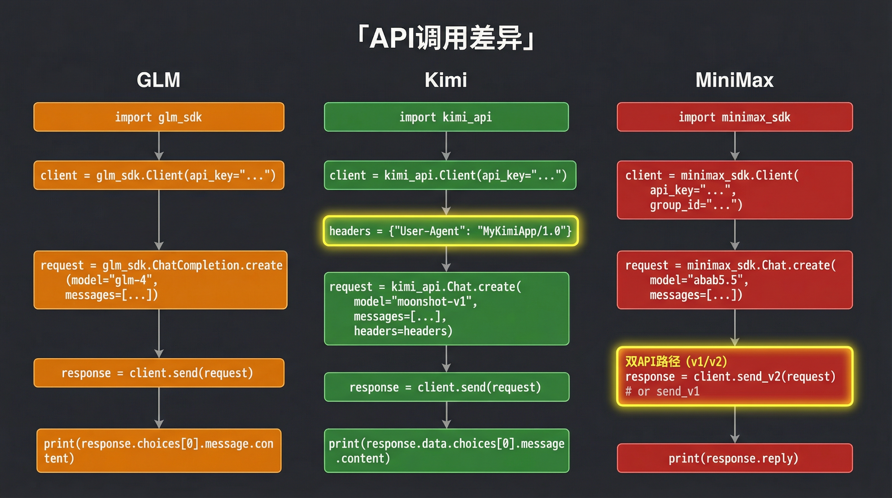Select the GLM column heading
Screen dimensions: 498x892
point(158,80)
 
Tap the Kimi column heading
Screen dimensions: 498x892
point(446,80)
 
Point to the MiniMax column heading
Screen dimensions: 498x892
point(734,80)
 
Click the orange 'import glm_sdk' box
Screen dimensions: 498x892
point(158,117)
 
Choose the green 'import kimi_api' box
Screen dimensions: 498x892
point(446,117)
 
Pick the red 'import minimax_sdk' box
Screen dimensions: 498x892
point(734,117)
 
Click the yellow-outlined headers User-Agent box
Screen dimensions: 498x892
point(450,231)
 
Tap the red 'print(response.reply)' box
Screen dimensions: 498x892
point(734,458)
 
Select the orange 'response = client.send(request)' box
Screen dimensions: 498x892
point(158,373)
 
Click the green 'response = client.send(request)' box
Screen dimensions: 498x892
point(446,387)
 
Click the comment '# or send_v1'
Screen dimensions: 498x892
point(663,392)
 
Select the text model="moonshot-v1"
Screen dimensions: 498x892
point(415,302)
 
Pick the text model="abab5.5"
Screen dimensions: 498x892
point(699,280)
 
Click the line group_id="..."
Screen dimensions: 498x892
point(696,205)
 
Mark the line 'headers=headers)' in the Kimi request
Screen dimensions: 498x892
point(403,331)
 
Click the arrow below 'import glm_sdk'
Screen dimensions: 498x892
point(159,146)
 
